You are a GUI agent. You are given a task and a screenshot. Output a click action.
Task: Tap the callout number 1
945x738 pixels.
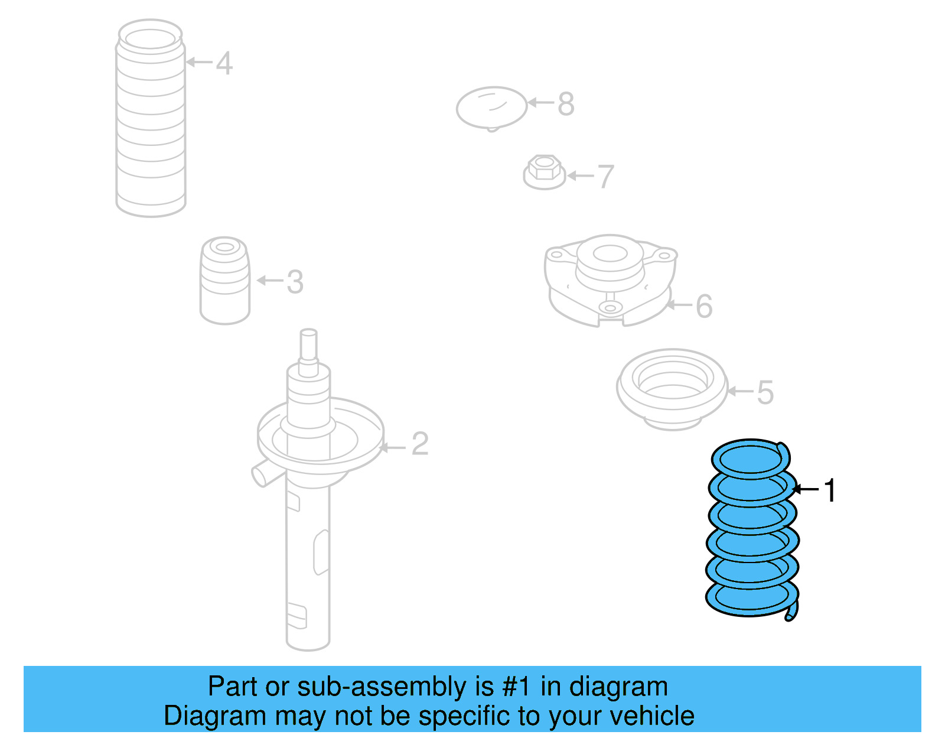pyautogui.click(x=830, y=490)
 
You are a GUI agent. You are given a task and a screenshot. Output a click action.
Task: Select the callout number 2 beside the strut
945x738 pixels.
pyautogui.click(x=419, y=444)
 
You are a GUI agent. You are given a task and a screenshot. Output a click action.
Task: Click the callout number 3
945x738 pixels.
pyautogui.click(x=295, y=282)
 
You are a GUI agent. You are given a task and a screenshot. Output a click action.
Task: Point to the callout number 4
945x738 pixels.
pyautogui.click(x=224, y=63)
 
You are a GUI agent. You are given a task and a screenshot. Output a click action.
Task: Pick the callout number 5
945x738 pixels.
pyautogui.click(x=765, y=392)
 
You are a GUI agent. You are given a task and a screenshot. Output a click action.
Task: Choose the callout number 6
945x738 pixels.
pyautogui.click(x=703, y=306)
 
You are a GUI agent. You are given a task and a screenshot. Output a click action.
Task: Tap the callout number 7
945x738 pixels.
pyautogui.click(x=605, y=177)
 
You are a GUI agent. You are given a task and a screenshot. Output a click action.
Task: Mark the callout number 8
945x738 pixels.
pyautogui.click(x=565, y=104)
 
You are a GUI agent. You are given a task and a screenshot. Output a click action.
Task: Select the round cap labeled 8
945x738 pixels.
pyautogui.click(x=491, y=108)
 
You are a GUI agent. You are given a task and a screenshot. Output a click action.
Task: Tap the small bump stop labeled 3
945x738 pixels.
pyautogui.click(x=224, y=281)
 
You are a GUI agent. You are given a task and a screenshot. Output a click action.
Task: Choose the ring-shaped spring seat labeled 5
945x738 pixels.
pyautogui.click(x=672, y=388)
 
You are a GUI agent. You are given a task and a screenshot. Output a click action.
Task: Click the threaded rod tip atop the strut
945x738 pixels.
pyautogui.click(x=308, y=343)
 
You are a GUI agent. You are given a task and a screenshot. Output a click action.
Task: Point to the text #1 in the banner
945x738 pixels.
pyautogui.click(x=517, y=687)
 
